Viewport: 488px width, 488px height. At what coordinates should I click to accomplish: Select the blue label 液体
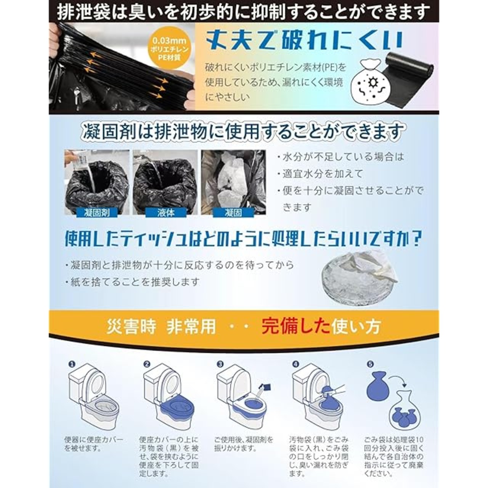tap(166, 213)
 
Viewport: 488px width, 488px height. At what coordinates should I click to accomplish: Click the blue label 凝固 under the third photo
tap(233, 213)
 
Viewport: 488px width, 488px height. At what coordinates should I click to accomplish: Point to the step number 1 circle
tap(72, 364)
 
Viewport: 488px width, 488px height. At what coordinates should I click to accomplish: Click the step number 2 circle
tap(147, 364)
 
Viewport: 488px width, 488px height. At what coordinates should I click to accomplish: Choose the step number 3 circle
tap(220, 364)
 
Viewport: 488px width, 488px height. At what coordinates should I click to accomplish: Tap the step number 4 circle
tap(295, 364)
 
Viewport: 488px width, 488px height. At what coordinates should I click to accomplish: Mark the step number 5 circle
tap(370, 364)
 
